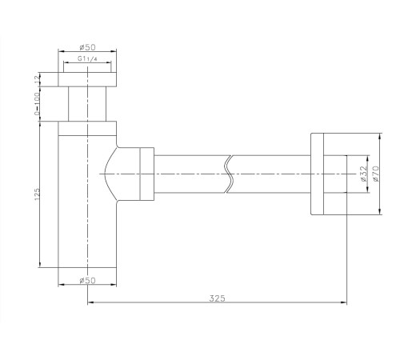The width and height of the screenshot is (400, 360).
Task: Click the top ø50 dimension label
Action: (87, 47)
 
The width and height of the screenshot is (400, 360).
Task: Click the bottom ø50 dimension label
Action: (87, 280)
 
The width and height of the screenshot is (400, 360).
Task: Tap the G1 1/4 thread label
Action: (87, 58)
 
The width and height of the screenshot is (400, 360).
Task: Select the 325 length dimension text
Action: (217, 298)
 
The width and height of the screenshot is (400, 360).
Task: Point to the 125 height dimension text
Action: (37, 194)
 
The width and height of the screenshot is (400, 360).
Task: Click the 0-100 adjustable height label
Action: (37, 104)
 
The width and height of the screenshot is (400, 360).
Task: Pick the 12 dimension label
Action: (37, 79)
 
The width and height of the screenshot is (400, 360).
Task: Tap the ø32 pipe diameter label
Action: (364, 174)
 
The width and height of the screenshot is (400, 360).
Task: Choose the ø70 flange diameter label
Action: (375, 174)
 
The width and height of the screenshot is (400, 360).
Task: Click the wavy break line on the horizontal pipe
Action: (230, 174)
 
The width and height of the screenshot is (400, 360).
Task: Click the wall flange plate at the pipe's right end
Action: (318, 174)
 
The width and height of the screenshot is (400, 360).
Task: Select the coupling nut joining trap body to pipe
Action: (147, 174)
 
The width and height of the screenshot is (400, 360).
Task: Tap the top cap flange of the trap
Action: (87, 79)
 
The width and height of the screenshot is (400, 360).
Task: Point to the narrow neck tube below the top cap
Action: (87, 104)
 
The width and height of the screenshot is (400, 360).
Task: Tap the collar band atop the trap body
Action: (87, 129)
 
